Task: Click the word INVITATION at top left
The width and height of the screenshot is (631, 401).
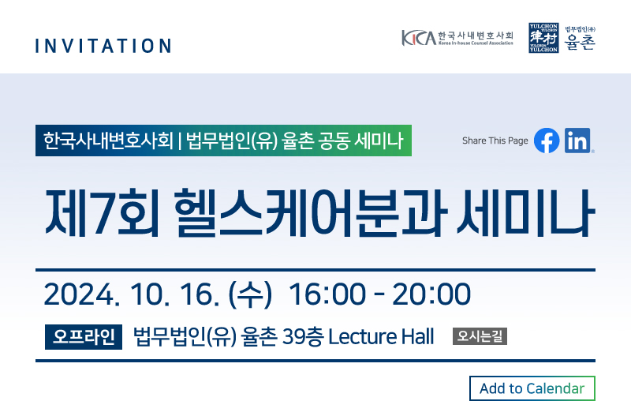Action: pyautogui.click(x=103, y=46)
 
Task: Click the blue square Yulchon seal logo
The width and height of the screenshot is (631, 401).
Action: pyautogui.click(x=543, y=38)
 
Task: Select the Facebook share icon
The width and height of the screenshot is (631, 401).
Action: pyautogui.click(x=547, y=141)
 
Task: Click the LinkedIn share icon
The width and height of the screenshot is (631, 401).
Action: pyautogui.click(x=577, y=141)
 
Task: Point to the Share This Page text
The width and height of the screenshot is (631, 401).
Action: pyautogui.click(x=495, y=141)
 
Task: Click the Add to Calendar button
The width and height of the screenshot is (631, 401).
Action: pyautogui.click(x=532, y=388)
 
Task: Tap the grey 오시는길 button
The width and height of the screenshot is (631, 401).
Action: pyautogui.click(x=480, y=336)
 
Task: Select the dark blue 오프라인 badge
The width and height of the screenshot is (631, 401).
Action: pyautogui.click(x=84, y=336)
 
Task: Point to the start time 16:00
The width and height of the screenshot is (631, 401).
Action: pyautogui.click(x=327, y=294)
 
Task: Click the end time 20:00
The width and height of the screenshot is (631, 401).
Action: pyautogui.click(x=431, y=294)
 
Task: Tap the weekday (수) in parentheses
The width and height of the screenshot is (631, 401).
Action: pyautogui.click(x=250, y=294)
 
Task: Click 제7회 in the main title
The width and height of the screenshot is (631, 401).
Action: pyautogui.click(x=103, y=213)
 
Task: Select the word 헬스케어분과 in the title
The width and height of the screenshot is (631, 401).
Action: pyautogui.click(x=310, y=213)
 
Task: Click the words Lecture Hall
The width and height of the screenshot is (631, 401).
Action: pyautogui.click(x=381, y=336)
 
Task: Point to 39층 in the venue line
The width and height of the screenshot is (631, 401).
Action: pyautogui.click(x=303, y=336)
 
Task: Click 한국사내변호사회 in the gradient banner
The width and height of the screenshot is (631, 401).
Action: pyautogui.click(x=108, y=141)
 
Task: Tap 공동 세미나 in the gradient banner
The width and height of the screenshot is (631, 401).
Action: pyautogui.click(x=360, y=141)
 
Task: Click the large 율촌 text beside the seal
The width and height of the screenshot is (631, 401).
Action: pyautogui.click(x=580, y=42)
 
